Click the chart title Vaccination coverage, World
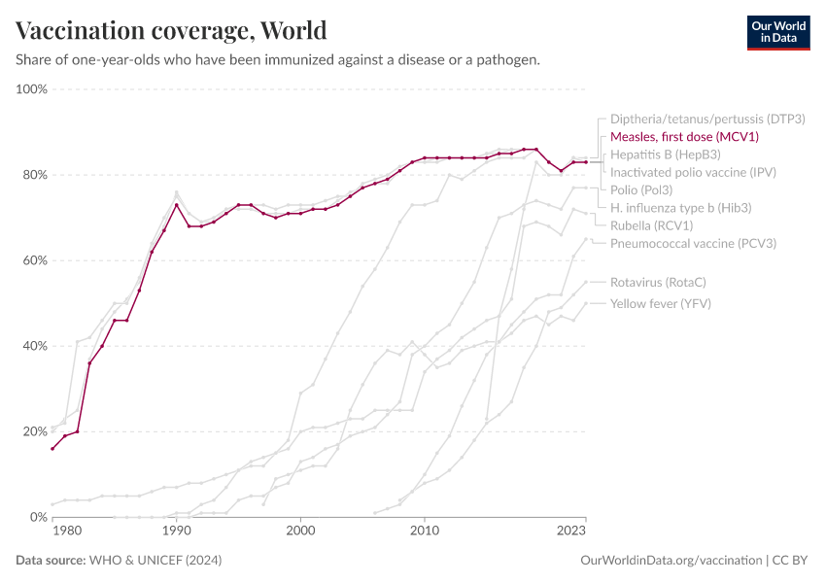coord(171,30)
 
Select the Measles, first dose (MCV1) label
coord(683,137)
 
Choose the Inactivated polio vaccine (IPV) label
coord(693,172)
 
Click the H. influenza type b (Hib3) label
coord(680,207)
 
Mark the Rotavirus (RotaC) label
coord(658,282)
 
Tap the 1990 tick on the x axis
coord(176,531)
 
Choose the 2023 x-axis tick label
coord(571,531)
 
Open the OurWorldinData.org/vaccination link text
coord(671,561)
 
